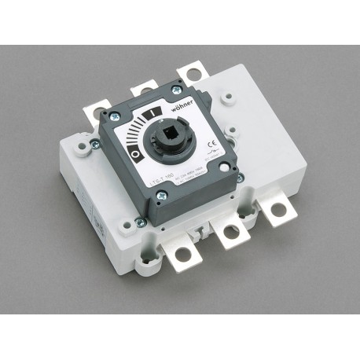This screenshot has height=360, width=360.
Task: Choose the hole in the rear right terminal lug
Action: (x=189, y=73)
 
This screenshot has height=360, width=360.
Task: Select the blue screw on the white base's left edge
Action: (x=94, y=144)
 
